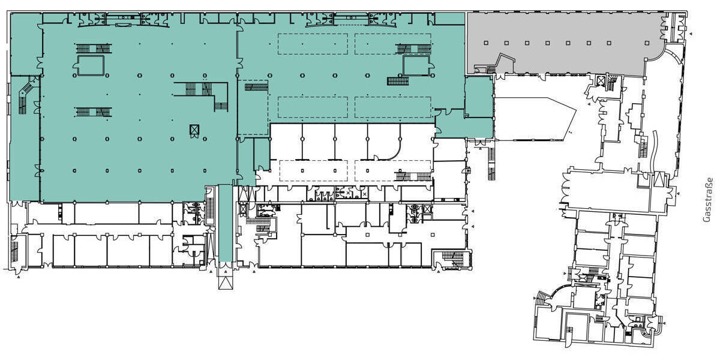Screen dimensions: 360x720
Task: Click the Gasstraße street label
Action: [708, 200]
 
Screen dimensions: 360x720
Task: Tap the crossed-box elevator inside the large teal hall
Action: [194, 130]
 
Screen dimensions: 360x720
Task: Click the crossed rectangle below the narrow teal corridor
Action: [225, 282]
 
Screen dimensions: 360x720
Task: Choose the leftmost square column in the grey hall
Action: [486, 43]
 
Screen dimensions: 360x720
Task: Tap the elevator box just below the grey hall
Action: [601, 80]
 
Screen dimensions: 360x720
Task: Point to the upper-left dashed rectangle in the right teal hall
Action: [313, 44]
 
